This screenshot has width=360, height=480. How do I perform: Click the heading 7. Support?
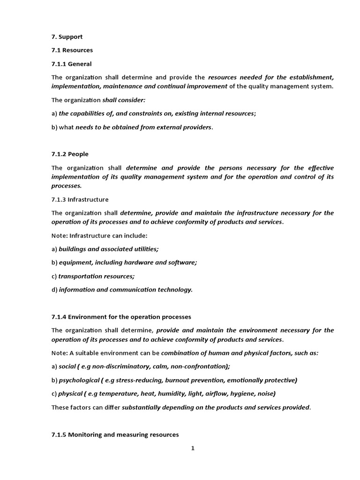[x=67, y=37]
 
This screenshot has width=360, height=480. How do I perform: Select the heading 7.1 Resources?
[x=72, y=50]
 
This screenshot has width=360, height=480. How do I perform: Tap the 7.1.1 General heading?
[x=72, y=64]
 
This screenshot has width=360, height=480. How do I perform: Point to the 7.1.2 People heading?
[x=70, y=154]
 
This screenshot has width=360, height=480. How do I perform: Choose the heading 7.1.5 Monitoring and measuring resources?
[x=115, y=435]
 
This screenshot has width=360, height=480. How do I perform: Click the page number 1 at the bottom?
[x=193, y=449]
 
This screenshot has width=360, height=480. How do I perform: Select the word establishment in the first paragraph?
[x=311, y=77]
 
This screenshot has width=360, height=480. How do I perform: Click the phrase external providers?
[x=187, y=127]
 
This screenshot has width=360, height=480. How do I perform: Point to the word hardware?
[x=142, y=262]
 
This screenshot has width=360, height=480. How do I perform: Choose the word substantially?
[x=143, y=407]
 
